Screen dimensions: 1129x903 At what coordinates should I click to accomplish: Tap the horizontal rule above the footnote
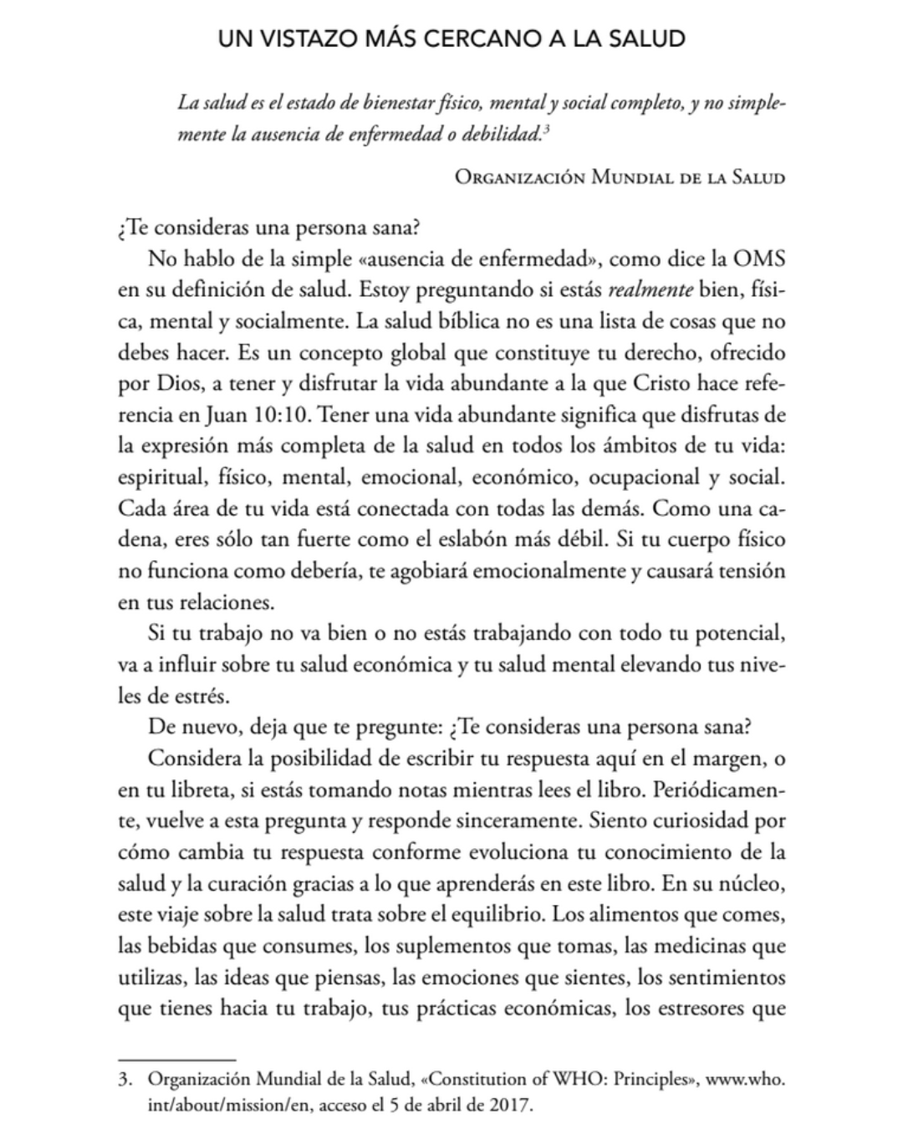[177, 1060]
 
